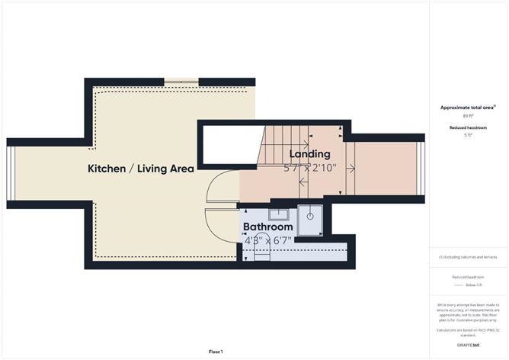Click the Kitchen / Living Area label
tap(140, 169)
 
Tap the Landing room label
tap(309, 154)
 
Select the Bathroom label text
tap(267, 227)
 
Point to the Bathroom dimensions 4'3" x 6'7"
tap(267, 240)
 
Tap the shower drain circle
tap(311, 216)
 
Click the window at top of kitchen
tap(181, 81)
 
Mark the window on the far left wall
tap(10, 174)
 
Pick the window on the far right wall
tap(420, 169)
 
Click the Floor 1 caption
tap(216, 352)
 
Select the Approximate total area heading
tap(468, 108)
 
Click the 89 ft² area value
tap(468, 116)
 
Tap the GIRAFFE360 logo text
tap(468, 346)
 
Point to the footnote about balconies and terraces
tap(468, 257)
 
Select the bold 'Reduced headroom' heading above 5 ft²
tap(468, 127)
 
